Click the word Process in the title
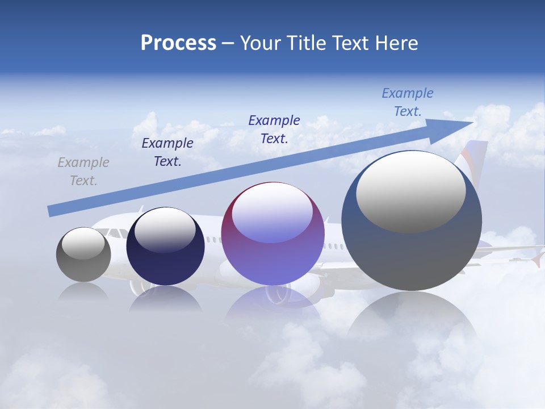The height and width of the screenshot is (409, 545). pos(178,43)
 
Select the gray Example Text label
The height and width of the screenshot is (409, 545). pos(83,172)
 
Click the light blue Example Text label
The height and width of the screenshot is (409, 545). pos(408,102)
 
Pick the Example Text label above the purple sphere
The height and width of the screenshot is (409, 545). pos(274,129)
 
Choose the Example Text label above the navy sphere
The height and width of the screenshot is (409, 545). pos(167,152)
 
